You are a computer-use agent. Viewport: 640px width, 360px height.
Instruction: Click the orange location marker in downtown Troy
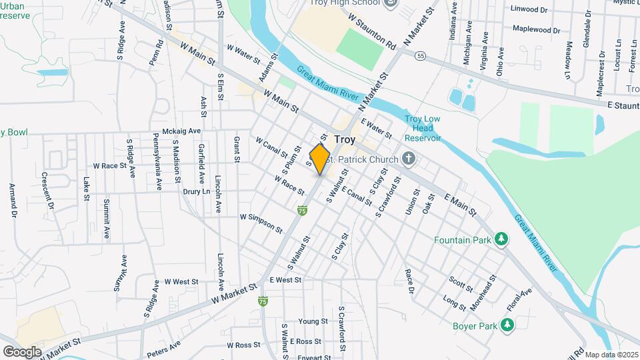320,159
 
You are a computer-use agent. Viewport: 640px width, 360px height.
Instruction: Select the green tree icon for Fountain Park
500,239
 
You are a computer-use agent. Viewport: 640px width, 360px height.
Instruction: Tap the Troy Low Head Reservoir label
423,129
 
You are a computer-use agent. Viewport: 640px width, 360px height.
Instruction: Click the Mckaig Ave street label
181,131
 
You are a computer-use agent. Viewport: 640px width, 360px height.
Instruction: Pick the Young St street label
313,321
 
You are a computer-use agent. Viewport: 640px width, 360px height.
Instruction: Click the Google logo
22,351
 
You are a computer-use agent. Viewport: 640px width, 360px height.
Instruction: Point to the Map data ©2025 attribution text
611,355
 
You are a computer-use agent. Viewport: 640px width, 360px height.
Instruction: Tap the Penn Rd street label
156,53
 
